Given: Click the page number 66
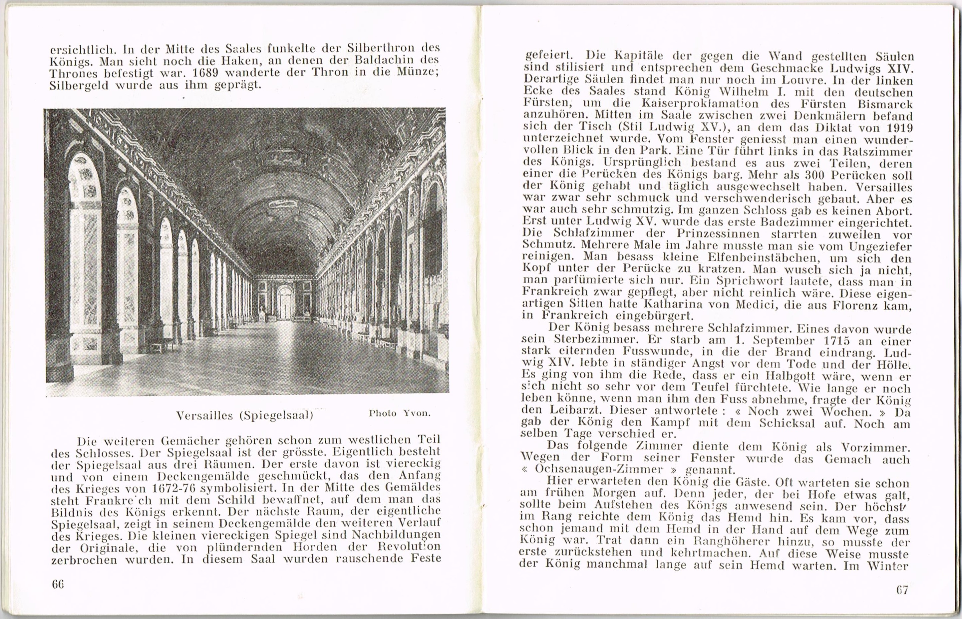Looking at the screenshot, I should click(x=58, y=584).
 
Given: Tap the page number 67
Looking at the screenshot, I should click(x=902, y=590).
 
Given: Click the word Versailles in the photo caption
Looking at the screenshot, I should click(x=204, y=415).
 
